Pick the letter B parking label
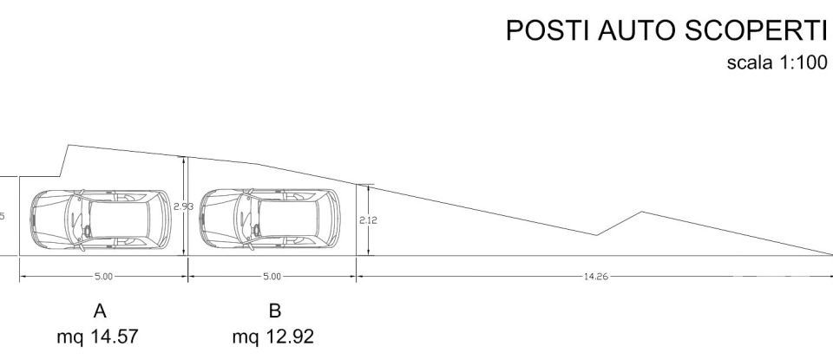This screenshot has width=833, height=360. coord(274,311)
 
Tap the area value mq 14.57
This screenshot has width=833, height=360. coord(98,335)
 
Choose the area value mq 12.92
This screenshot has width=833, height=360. coord(273,335)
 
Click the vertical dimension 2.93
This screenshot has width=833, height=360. coord(182,206)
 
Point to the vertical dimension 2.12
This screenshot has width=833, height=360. coord(367,220)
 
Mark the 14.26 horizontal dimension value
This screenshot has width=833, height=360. coord(596,277)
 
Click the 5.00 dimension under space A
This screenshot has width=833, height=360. coord(102,277)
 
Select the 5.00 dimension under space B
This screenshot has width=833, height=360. coord(272,277)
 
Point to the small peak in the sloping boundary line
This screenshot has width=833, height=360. coord(641,212)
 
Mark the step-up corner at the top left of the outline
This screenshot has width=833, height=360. coord(69,146)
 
